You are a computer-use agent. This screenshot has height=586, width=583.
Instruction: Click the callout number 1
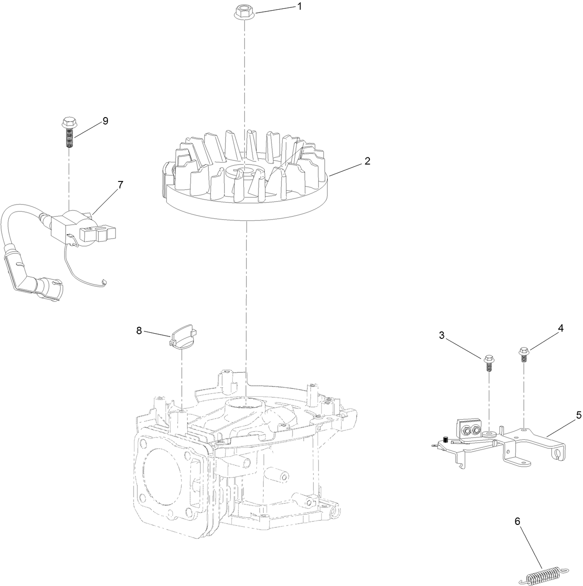click(x=299, y=6)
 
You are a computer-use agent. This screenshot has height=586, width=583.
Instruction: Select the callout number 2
click(x=367, y=161)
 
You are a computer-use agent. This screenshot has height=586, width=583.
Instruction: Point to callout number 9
click(x=105, y=121)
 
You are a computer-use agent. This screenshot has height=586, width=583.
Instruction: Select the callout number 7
click(x=120, y=185)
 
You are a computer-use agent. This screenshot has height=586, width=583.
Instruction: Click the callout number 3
click(x=442, y=336)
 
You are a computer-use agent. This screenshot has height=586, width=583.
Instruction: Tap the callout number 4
click(x=561, y=328)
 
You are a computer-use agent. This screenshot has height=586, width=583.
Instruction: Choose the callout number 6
click(x=517, y=521)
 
